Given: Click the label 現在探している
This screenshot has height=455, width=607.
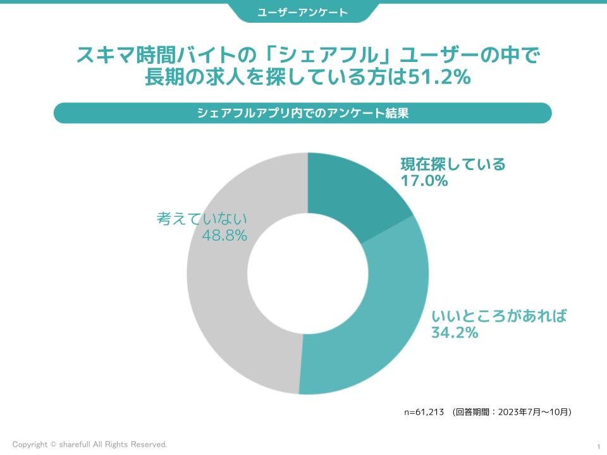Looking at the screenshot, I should (453, 164).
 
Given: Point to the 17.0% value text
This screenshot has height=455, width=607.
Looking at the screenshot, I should (424, 181).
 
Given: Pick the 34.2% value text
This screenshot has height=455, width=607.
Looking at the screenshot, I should (454, 332).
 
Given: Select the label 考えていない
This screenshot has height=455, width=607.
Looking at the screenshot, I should (202, 219).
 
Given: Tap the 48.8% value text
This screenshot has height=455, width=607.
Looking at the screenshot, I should (224, 236).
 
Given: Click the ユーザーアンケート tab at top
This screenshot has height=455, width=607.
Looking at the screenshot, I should (303, 12).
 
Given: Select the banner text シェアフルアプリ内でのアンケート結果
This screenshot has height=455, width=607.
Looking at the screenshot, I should (303, 113).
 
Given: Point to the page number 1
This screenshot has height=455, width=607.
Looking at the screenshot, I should (598, 446).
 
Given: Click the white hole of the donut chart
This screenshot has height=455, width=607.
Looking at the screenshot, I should (307, 273).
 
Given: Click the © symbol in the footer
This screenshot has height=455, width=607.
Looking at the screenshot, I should (53, 445).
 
